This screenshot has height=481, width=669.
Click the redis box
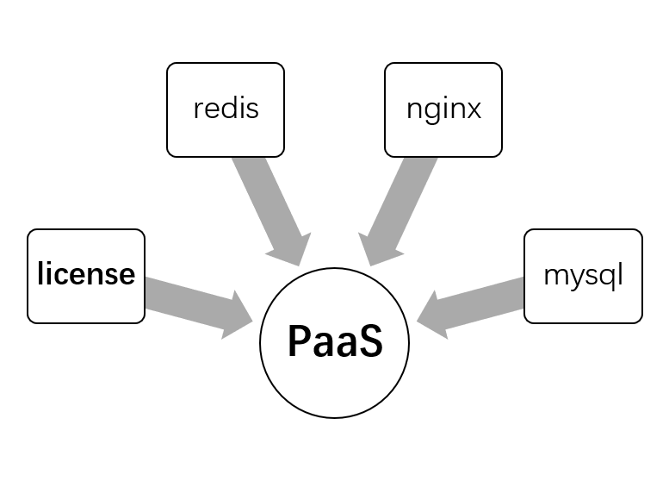(226, 110)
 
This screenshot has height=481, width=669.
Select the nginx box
(443, 110)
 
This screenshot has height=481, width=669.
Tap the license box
(86, 276)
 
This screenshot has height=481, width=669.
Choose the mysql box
(583, 276)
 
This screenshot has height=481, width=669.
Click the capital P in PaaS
(299, 342)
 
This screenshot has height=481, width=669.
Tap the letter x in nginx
(473, 111)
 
